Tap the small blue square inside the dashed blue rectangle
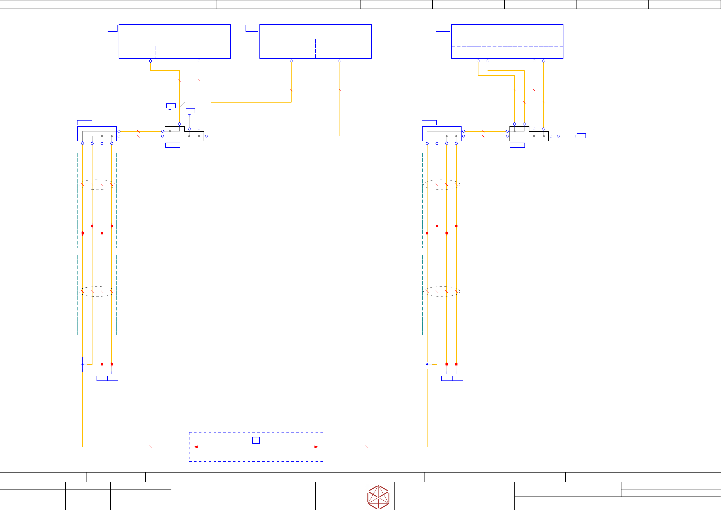(x=256, y=440)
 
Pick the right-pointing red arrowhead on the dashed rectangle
(x=316, y=447)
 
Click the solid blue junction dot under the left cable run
(x=83, y=364)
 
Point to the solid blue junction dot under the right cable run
(x=427, y=364)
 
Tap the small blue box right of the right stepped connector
(x=581, y=136)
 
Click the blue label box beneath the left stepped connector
(x=173, y=145)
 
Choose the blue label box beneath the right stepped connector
(x=517, y=145)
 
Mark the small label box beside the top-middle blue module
(x=252, y=28)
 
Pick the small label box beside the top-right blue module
(x=443, y=28)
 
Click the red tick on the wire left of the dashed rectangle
(x=151, y=447)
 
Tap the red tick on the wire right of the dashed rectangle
(x=366, y=447)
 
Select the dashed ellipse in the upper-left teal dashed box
(x=97, y=185)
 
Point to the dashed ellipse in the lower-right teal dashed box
(x=442, y=291)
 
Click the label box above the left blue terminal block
(x=85, y=122)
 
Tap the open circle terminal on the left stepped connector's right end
(x=206, y=136)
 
